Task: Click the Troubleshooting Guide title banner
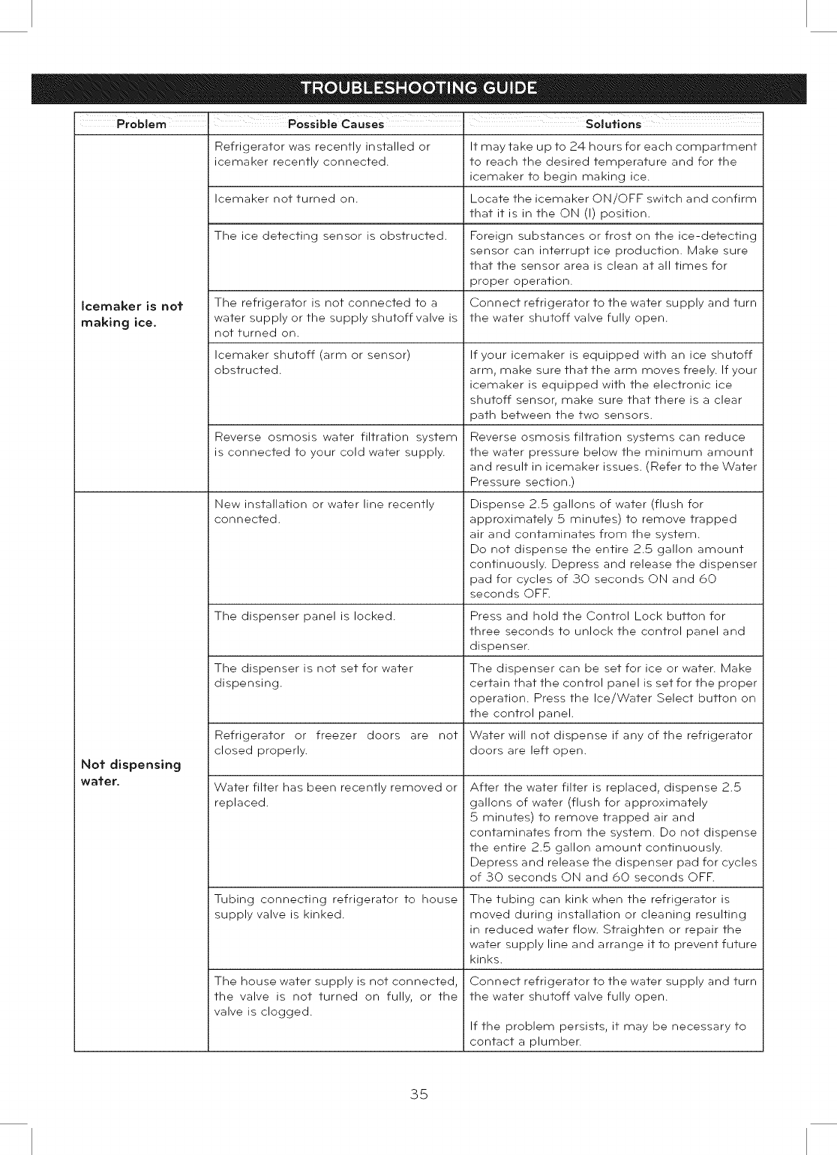[418, 88]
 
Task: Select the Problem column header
[141, 124]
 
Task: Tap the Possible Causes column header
[335, 124]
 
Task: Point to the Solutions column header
[613, 124]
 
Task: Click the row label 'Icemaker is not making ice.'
[132, 314]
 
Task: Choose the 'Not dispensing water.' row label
[130, 772]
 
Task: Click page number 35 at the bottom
[418, 1094]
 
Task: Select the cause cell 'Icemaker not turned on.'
[286, 199]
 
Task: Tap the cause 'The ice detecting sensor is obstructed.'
[330, 236]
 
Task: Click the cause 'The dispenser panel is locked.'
[304, 616]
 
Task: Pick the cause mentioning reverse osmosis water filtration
[335, 444]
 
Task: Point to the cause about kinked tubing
[335, 907]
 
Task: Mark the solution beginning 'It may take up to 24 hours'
[613, 161]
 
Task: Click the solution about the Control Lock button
[607, 631]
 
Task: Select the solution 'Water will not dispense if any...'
[610, 743]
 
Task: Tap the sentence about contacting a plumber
[607, 1034]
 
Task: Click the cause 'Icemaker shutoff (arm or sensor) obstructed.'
[312, 362]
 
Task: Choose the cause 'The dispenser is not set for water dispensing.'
[313, 675]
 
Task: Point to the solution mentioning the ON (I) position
[613, 206]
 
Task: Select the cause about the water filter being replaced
[335, 794]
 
